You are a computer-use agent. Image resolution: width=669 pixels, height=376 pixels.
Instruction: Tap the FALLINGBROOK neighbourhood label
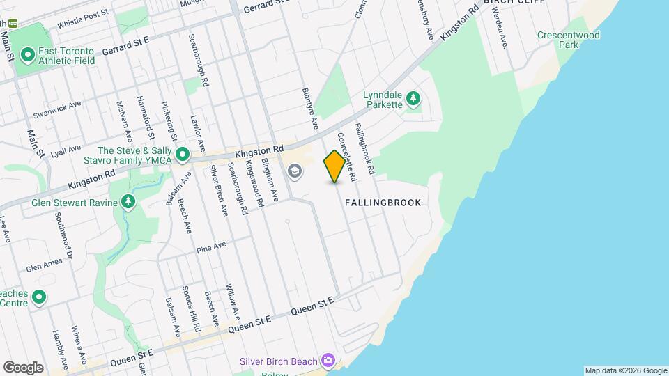click(383, 203)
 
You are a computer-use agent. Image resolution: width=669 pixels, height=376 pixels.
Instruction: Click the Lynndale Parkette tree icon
click(413, 98)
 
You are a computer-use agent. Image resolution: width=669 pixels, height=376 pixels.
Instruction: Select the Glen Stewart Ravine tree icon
click(128, 202)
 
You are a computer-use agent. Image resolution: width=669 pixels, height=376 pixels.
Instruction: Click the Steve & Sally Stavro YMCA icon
click(183, 154)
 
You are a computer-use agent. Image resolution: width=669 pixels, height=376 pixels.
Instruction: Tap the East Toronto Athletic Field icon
click(28, 54)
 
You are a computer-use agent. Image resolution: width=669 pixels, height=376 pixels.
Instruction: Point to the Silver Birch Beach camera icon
click(328, 361)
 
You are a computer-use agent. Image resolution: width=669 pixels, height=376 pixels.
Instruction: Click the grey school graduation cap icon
click(295, 171)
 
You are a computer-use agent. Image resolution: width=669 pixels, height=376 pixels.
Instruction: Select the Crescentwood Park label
click(558, 40)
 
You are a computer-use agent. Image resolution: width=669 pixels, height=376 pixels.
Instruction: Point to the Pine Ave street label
click(211, 247)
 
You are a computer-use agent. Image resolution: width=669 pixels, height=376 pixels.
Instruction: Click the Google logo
click(22, 368)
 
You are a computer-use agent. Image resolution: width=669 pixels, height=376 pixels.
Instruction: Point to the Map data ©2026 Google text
click(625, 370)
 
